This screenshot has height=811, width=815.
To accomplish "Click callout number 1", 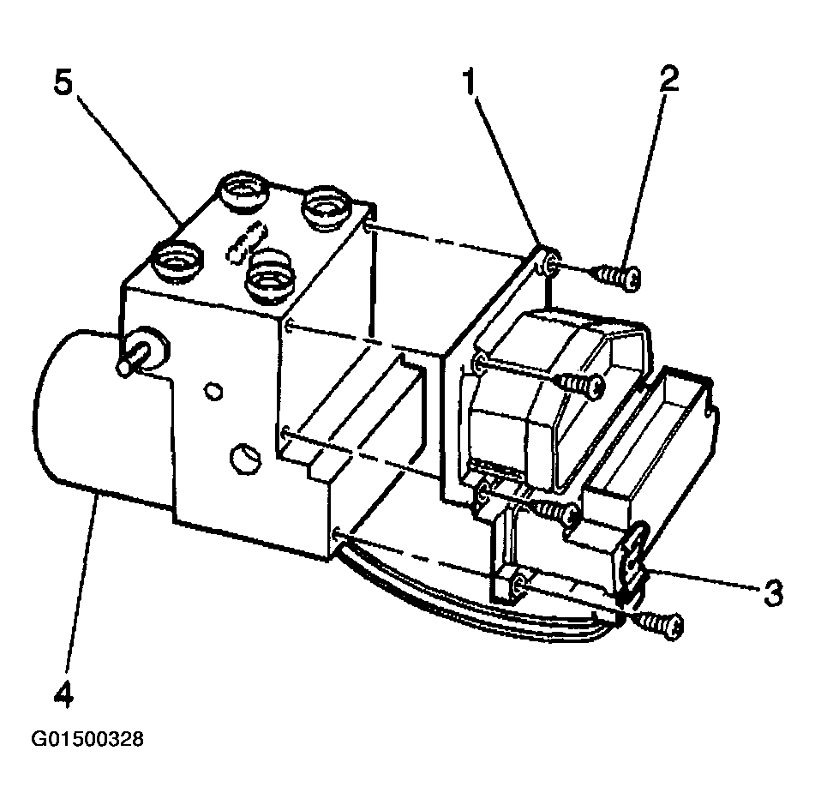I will tap(469, 83).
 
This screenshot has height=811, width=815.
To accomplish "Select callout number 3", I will tap(773, 592).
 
